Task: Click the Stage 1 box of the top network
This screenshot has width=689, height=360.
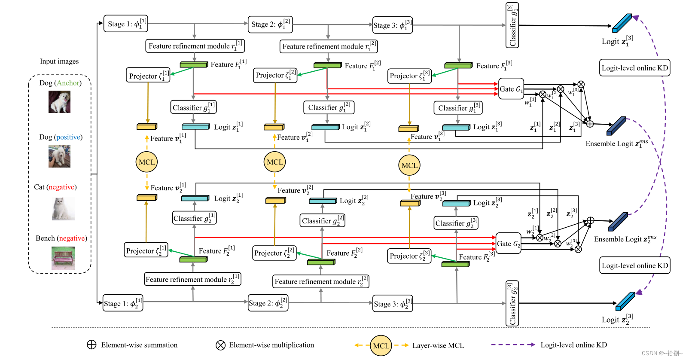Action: click(x=125, y=24)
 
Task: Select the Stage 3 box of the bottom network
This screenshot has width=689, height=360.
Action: click(x=393, y=303)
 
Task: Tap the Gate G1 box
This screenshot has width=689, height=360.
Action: click(x=511, y=89)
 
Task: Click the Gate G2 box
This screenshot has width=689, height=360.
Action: click(x=509, y=244)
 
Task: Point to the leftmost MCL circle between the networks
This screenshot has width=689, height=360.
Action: click(x=146, y=162)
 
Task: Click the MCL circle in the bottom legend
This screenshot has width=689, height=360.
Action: click(x=381, y=345)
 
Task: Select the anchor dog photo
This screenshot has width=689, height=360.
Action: click(x=59, y=102)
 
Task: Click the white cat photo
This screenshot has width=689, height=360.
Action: click(x=63, y=208)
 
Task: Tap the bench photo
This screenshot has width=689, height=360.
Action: click(x=63, y=258)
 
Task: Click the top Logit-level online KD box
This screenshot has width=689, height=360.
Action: click(x=634, y=68)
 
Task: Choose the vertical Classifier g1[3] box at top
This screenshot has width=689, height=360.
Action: click(x=512, y=25)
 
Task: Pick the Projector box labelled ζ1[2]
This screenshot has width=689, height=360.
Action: click(x=275, y=75)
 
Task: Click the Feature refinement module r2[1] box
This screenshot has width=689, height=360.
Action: click(x=192, y=279)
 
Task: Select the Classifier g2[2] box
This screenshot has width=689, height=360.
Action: click(x=323, y=221)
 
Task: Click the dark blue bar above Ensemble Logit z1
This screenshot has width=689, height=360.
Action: click(x=616, y=126)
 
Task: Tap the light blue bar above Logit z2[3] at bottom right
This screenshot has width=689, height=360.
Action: click(x=625, y=301)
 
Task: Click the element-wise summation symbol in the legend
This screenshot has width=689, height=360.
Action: click(x=91, y=345)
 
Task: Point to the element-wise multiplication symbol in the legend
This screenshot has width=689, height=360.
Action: click(x=220, y=345)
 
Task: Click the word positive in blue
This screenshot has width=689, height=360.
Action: click(x=68, y=137)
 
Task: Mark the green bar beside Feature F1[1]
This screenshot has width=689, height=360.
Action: click(x=194, y=65)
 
